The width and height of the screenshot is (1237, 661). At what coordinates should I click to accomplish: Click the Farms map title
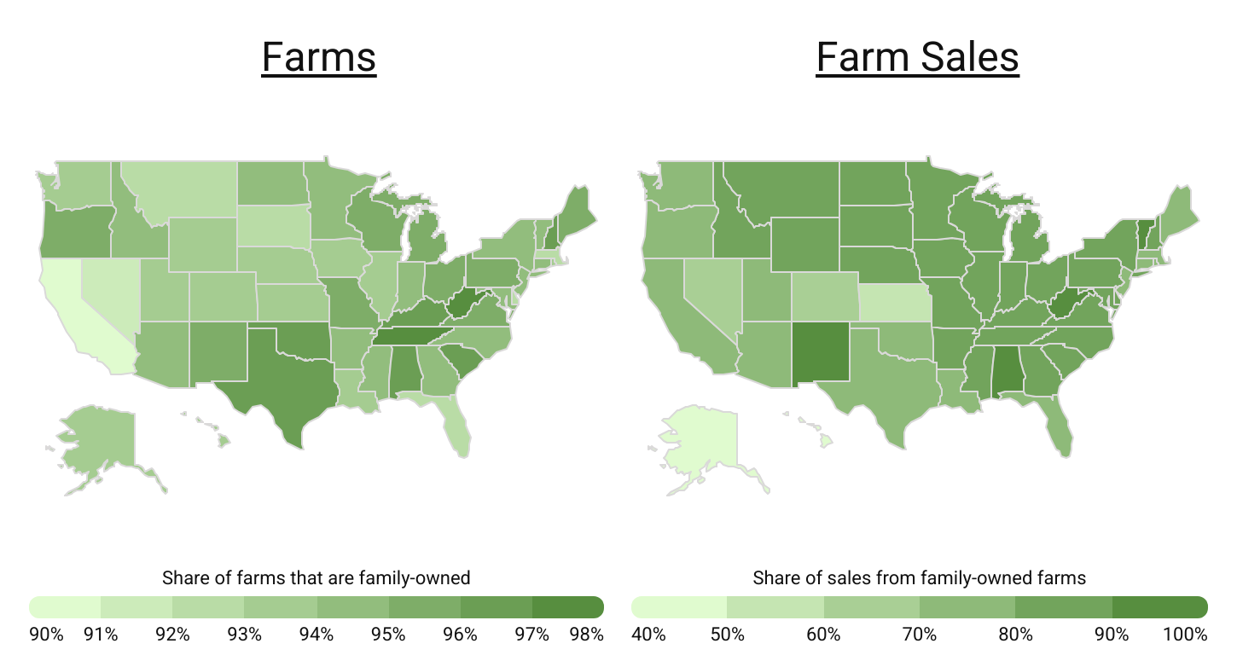pyautogui.click(x=319, y=57)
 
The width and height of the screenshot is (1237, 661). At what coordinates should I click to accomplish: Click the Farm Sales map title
pyautogui.click(x=917, y=57)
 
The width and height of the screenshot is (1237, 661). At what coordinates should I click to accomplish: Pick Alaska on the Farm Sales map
pyautogui.click(x=695, y=444)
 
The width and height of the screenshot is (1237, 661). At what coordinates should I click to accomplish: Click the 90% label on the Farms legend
pyautogui.click(x=46, y=635)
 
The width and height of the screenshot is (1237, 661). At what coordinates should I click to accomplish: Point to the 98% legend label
pyautogui.click(x=585, y=635)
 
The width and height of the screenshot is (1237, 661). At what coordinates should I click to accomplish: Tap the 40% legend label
pyautogui.click(x=648, y=635)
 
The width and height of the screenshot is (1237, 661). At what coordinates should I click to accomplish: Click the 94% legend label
pyautogui.click(x=317, y=635)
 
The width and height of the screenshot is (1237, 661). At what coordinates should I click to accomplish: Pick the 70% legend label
pyautogui.click(x=920, y=635)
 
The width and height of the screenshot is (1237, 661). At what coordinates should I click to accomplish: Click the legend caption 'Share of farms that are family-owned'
pyautogui.click(x=316, y=578)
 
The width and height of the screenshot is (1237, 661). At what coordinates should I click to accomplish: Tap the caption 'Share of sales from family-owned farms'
pyautogui.click(x=919, y=578)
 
